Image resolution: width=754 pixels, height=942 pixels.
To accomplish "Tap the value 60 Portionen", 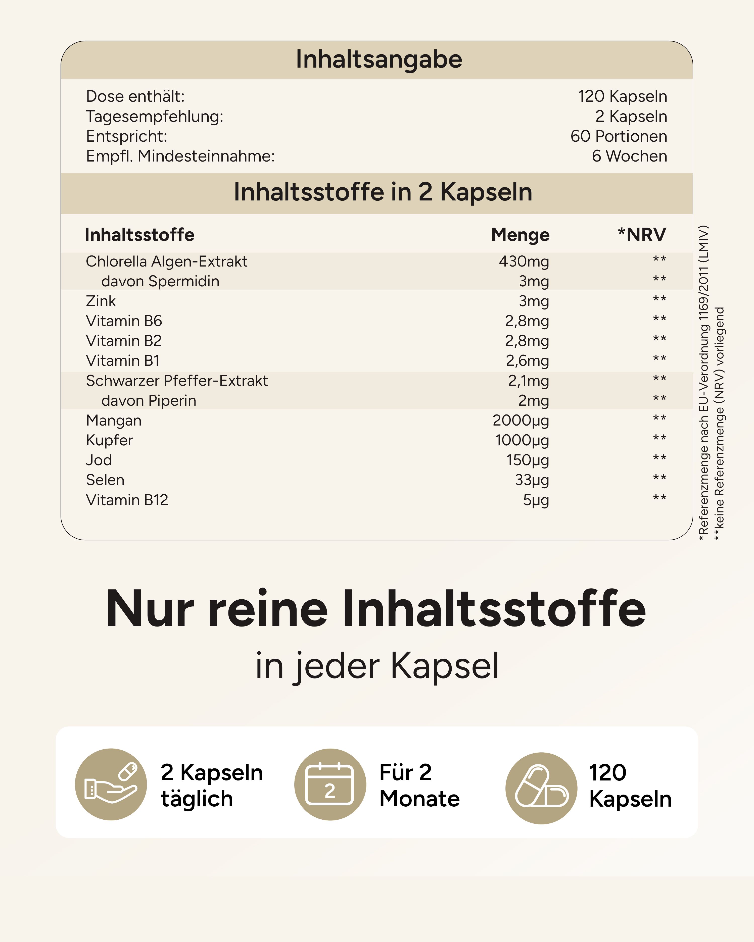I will click(x=619, y=136).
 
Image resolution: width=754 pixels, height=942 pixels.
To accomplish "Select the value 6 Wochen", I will click(x=629, y=156).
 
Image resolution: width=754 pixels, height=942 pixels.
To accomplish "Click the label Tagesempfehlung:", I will click(x=154, y=117).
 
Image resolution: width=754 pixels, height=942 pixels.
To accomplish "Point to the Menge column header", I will click(x=520, y=235).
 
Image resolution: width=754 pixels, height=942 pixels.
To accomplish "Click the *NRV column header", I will click(x=642, y=235).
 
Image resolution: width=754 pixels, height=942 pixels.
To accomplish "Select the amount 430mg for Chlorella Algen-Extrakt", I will click(x=524, y=261).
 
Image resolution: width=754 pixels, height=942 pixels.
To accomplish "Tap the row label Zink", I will click(x=101, y=301).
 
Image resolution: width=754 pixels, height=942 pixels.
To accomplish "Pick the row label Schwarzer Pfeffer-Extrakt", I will click(x=177, y=381).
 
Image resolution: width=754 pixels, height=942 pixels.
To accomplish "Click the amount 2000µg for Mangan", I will click(x=521, y=420).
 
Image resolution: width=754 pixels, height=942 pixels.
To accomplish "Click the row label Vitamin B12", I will click(x=127, y=500).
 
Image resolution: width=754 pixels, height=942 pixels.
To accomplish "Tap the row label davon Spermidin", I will click(x=160, y=281).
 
